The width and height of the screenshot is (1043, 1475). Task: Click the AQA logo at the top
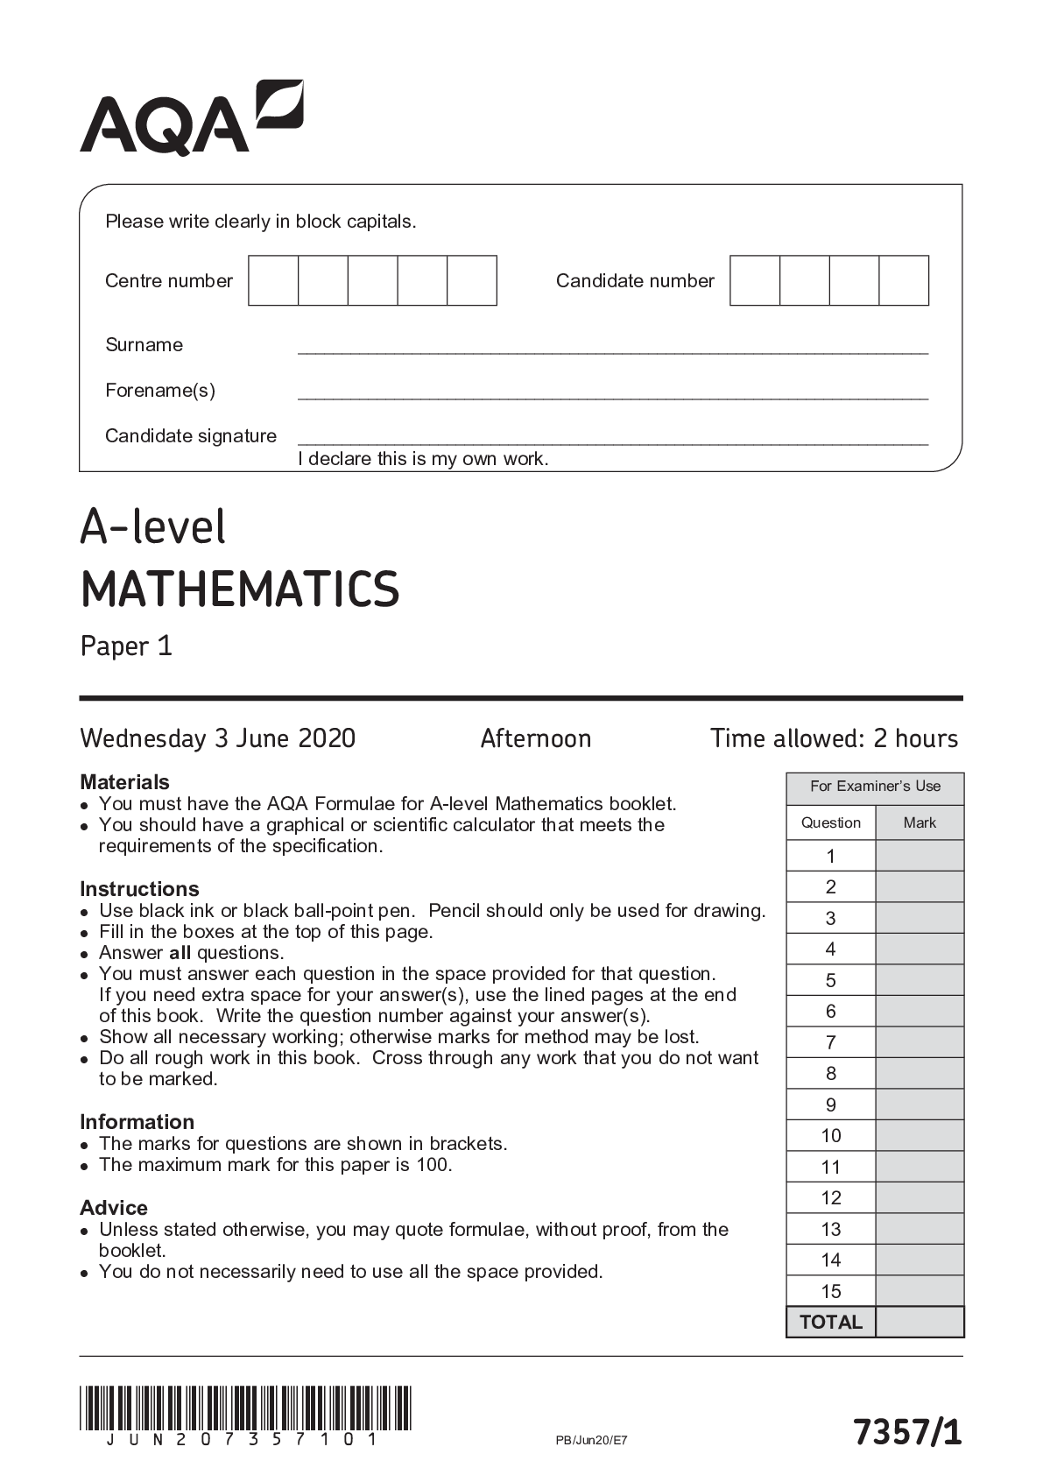click(x=191, y=118)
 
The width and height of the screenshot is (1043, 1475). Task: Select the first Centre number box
click(x=273, y=281)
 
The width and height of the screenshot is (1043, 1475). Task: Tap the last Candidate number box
click(x=904, y=281)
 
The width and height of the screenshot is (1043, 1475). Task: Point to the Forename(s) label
click(x=160, y=391)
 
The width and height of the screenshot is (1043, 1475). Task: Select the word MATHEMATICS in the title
click(x=240, y=589)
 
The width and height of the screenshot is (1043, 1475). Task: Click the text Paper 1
click(x=126, y=646)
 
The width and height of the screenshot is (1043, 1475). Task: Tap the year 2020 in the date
click(x=327, y=738)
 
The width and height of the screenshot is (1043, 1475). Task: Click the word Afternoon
click(x=535, y=738)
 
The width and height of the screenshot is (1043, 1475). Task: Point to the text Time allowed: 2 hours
click(x=834, y=738)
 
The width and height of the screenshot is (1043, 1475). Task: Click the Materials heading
click(x=124, y=781)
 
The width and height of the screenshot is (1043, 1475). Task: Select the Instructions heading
click(x=139, y=888)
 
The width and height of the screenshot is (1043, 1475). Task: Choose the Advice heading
click(x=113, y=1207)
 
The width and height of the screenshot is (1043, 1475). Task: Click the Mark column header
click(x=920, y=822)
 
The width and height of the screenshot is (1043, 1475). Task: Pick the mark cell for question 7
click(x=920, y=1042)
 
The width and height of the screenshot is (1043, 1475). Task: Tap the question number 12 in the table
click(x=830, y=1197)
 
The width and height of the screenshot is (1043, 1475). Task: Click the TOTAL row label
click(x=830, y=1322)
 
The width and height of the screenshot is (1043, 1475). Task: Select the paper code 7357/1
click(x=908, y=1433)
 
